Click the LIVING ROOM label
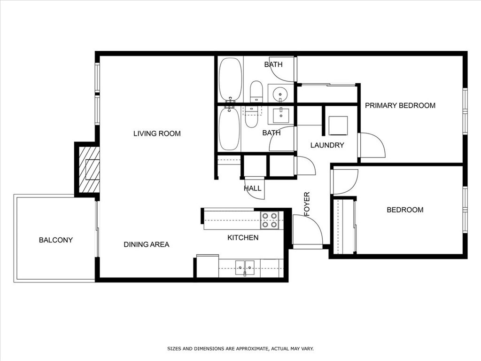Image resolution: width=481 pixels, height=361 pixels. pos(157,133)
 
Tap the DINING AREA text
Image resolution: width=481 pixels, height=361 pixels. pos(146,244)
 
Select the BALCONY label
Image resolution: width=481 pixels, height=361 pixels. pos(55,240)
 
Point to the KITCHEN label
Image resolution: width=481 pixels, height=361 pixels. pos(243,238)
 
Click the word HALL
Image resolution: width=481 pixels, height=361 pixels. pos(252,188)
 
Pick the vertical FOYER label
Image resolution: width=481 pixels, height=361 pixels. pos(307,204)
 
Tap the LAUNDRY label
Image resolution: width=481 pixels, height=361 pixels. pos(327,145)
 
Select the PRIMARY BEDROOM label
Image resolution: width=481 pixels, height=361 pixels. pos(400,105)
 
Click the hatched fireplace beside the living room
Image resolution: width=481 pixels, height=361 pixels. pos(89,170)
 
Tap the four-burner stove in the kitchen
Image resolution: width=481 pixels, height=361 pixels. pos(270,220)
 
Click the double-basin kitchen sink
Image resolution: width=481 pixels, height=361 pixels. pos(244,267)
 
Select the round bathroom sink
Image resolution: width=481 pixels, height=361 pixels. pos(280,93)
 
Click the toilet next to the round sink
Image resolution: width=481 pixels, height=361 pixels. pos(256,91)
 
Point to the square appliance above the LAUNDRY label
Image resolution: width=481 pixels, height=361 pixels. pos(338,126)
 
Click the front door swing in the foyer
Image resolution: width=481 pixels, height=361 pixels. pos(306,230)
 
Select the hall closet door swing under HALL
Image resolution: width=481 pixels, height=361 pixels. pos(256,188)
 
